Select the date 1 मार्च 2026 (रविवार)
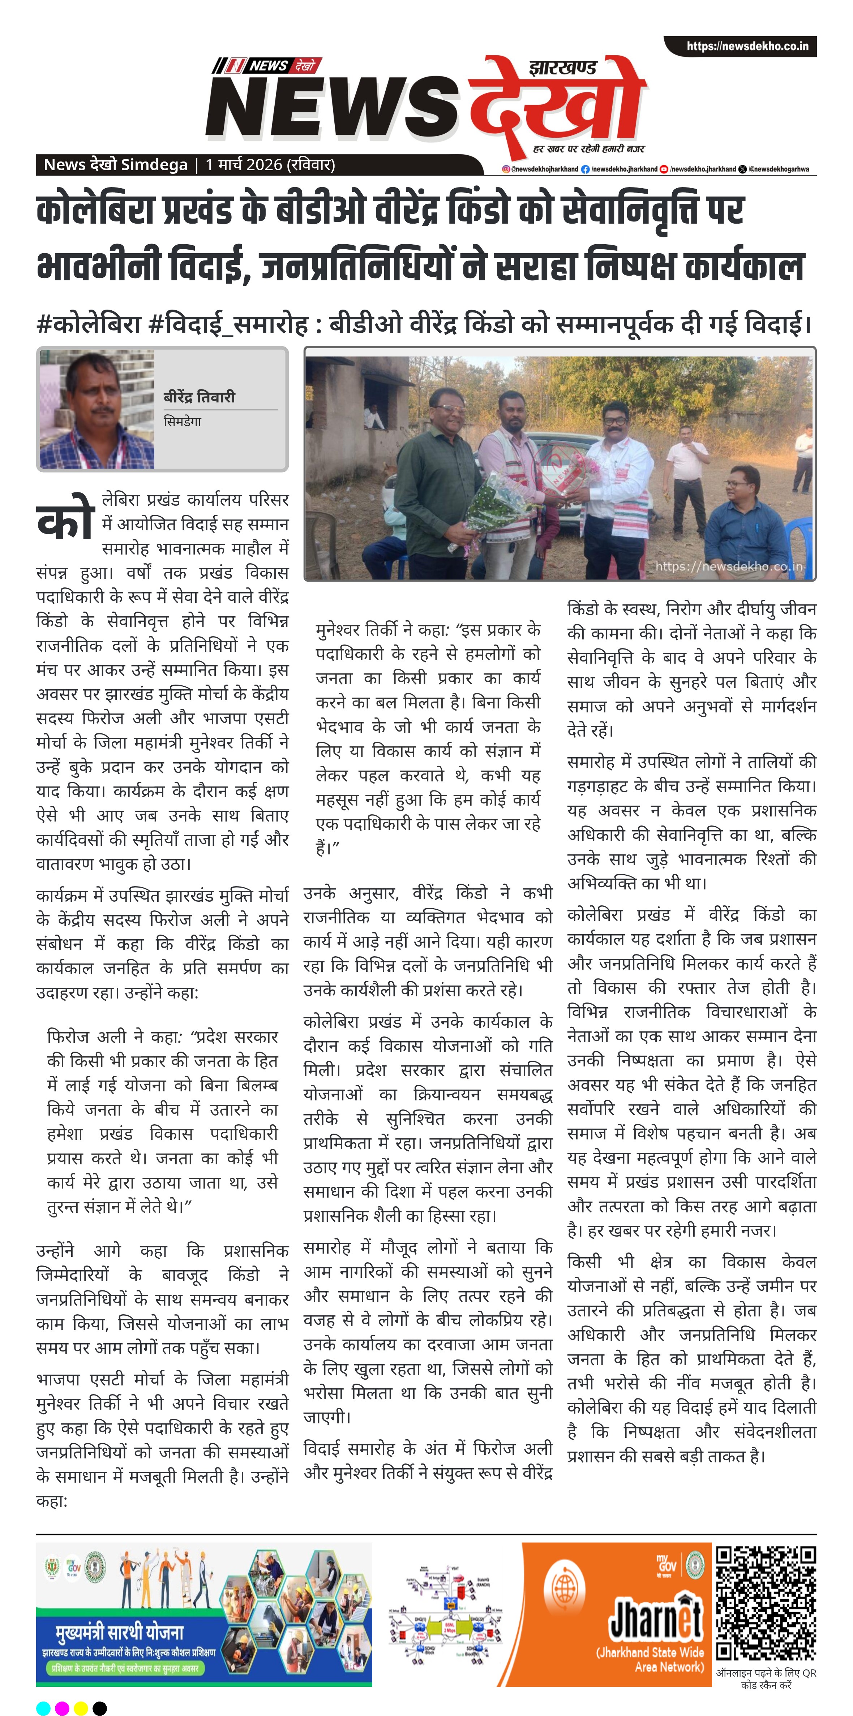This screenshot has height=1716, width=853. point(270,164)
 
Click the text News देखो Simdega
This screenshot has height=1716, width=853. point(115,164)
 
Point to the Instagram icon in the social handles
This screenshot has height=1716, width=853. point(506,169)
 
